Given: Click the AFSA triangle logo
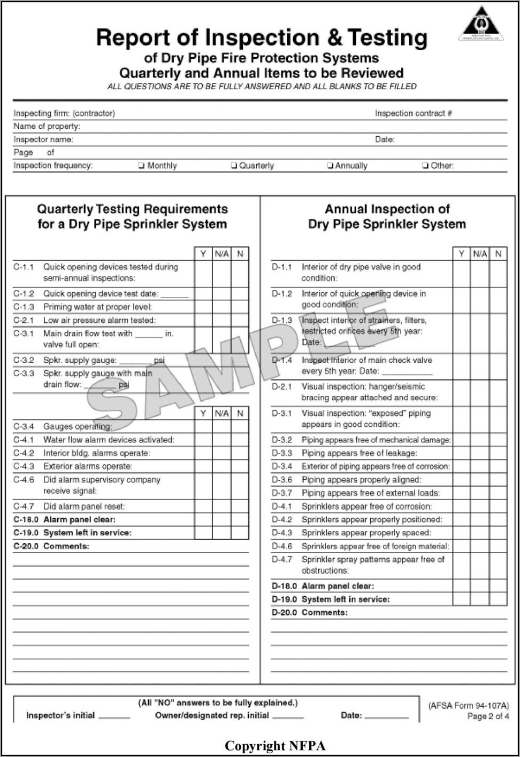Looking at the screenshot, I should point(480,24).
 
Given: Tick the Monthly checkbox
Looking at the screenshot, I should point(141,166).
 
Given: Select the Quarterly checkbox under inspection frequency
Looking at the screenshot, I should point(234,166).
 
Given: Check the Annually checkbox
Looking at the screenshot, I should point(330,166).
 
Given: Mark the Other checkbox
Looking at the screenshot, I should point(425,166).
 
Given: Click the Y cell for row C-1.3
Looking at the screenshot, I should point(203,307).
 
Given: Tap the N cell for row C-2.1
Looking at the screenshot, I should point(240,320).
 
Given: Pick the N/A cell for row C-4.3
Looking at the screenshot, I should point(221,466).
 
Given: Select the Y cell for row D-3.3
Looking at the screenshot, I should point(461,453).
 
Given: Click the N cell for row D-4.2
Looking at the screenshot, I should point(498,519).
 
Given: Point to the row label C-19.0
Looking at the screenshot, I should point(26,533).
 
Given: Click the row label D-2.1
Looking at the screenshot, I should point(282,386).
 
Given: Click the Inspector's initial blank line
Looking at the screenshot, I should point(114,716).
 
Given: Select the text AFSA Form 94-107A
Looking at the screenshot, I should point(469,705).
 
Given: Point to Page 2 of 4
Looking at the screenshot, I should point(488,716).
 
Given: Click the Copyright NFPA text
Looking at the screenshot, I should point(275,746).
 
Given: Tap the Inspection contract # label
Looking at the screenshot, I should point(413,113).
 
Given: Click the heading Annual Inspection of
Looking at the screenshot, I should point(387,209).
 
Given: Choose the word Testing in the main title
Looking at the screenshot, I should point(387,37).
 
